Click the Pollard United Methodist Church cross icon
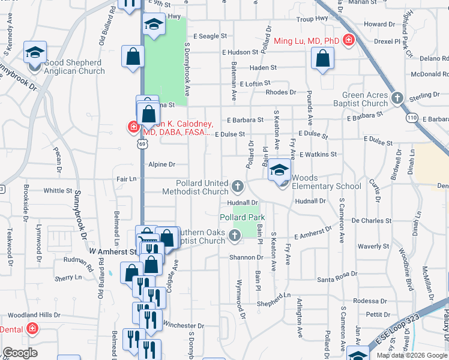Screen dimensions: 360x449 [x=238, y=186]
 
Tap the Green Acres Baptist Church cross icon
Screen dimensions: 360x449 [x=396, y=98]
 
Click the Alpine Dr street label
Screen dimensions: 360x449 [x=161, y=164]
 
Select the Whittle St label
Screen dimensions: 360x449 [x=58, y=191]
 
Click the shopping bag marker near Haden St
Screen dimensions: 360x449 [x=323, y=59]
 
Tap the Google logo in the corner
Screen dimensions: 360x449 [x=20, y=353]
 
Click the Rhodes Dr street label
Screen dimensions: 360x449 [x=281, y=92]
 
